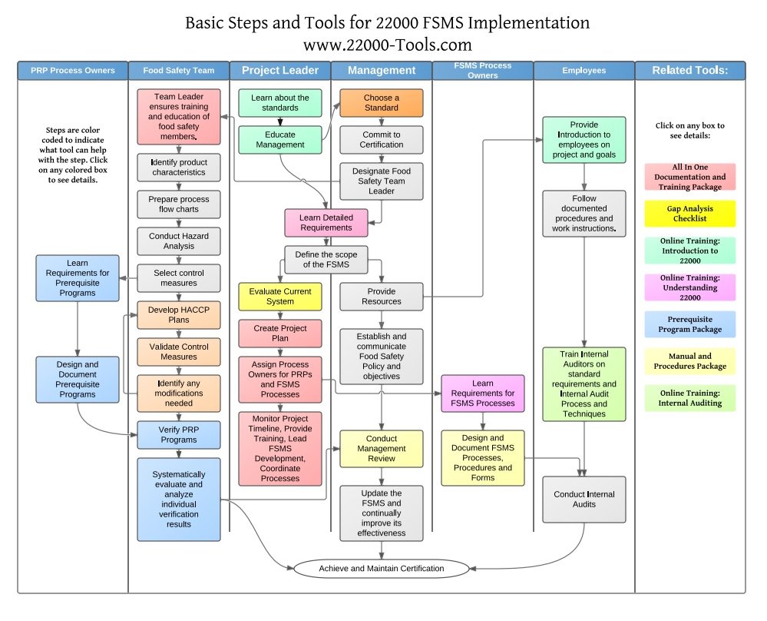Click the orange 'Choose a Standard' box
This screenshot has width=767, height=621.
click(x=381, y=103)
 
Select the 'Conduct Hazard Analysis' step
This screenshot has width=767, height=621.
click(x=179, y=241)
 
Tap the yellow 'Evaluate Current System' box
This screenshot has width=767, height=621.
click(x=279, y=297)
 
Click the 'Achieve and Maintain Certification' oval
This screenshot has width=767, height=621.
click(x=382, y=569)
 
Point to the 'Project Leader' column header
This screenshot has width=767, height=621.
click(x=280, y=71)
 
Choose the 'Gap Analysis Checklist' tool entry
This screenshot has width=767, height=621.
click(x=689, y=214)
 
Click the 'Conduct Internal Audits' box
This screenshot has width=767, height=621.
click(x=584, y=500)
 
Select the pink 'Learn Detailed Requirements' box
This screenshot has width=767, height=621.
click(x=326, y=222)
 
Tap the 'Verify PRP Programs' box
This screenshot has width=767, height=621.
click(x=179, y=435)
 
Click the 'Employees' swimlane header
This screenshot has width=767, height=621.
click(x=584, y=71)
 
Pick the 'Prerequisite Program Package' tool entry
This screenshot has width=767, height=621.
click(x=689, y=324)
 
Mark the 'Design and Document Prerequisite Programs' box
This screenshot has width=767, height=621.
click(x=78, y=380)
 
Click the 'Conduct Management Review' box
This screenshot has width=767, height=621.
click(x=381, y=449)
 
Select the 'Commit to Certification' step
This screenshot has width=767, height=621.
click(x=381, y=140)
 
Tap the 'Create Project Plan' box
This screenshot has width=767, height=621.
click(x=279, y=334)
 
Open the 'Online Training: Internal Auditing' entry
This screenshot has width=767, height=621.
click(x=689, y=398)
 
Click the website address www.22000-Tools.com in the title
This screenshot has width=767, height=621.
click(x=388, y=45)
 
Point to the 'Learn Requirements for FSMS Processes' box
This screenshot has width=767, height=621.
click(x=483, y=394)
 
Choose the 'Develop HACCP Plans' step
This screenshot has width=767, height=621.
click(x=179, y=315)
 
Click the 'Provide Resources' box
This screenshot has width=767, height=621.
click(x=381, y=297)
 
